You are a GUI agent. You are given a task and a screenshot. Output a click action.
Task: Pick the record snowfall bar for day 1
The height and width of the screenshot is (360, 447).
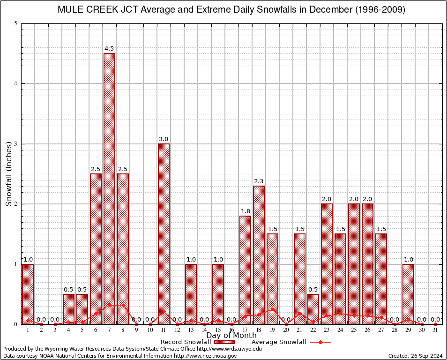[28, 294]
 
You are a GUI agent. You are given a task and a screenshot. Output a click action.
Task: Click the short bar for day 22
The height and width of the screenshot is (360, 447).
[313, 309]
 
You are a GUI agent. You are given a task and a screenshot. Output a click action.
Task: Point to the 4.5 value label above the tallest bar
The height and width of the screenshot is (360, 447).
[109, 49]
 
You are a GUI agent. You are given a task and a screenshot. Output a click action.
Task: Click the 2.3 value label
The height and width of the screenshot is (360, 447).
[259, 181]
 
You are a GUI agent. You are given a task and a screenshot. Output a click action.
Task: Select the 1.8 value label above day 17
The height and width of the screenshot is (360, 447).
[245, 211]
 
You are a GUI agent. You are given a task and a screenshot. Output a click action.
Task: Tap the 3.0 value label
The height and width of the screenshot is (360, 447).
[164, 139]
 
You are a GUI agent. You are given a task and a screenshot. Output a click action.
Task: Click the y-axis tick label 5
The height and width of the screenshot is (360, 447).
[16, 23]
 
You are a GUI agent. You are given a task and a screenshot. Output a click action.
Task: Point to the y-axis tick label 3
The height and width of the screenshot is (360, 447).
[16, 144]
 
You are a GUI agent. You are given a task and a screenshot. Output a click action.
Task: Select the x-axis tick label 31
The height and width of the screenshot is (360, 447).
[436, 330]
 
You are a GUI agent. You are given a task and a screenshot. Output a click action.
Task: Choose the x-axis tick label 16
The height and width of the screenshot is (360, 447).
[231, 330]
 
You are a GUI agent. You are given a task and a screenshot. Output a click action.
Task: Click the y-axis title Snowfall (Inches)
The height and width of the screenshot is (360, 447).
[9, 174]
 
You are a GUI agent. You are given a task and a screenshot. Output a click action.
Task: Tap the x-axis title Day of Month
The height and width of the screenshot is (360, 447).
[231, 336]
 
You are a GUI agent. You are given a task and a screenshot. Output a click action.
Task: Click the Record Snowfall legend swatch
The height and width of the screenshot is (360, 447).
[223, 342]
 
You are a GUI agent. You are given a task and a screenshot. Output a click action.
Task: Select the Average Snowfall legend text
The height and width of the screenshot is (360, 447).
[279, 342]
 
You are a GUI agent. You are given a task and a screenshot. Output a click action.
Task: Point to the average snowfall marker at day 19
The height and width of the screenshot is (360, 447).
[272, 309]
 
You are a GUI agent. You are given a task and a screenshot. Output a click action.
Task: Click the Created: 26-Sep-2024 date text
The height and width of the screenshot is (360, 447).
[416, 356]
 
